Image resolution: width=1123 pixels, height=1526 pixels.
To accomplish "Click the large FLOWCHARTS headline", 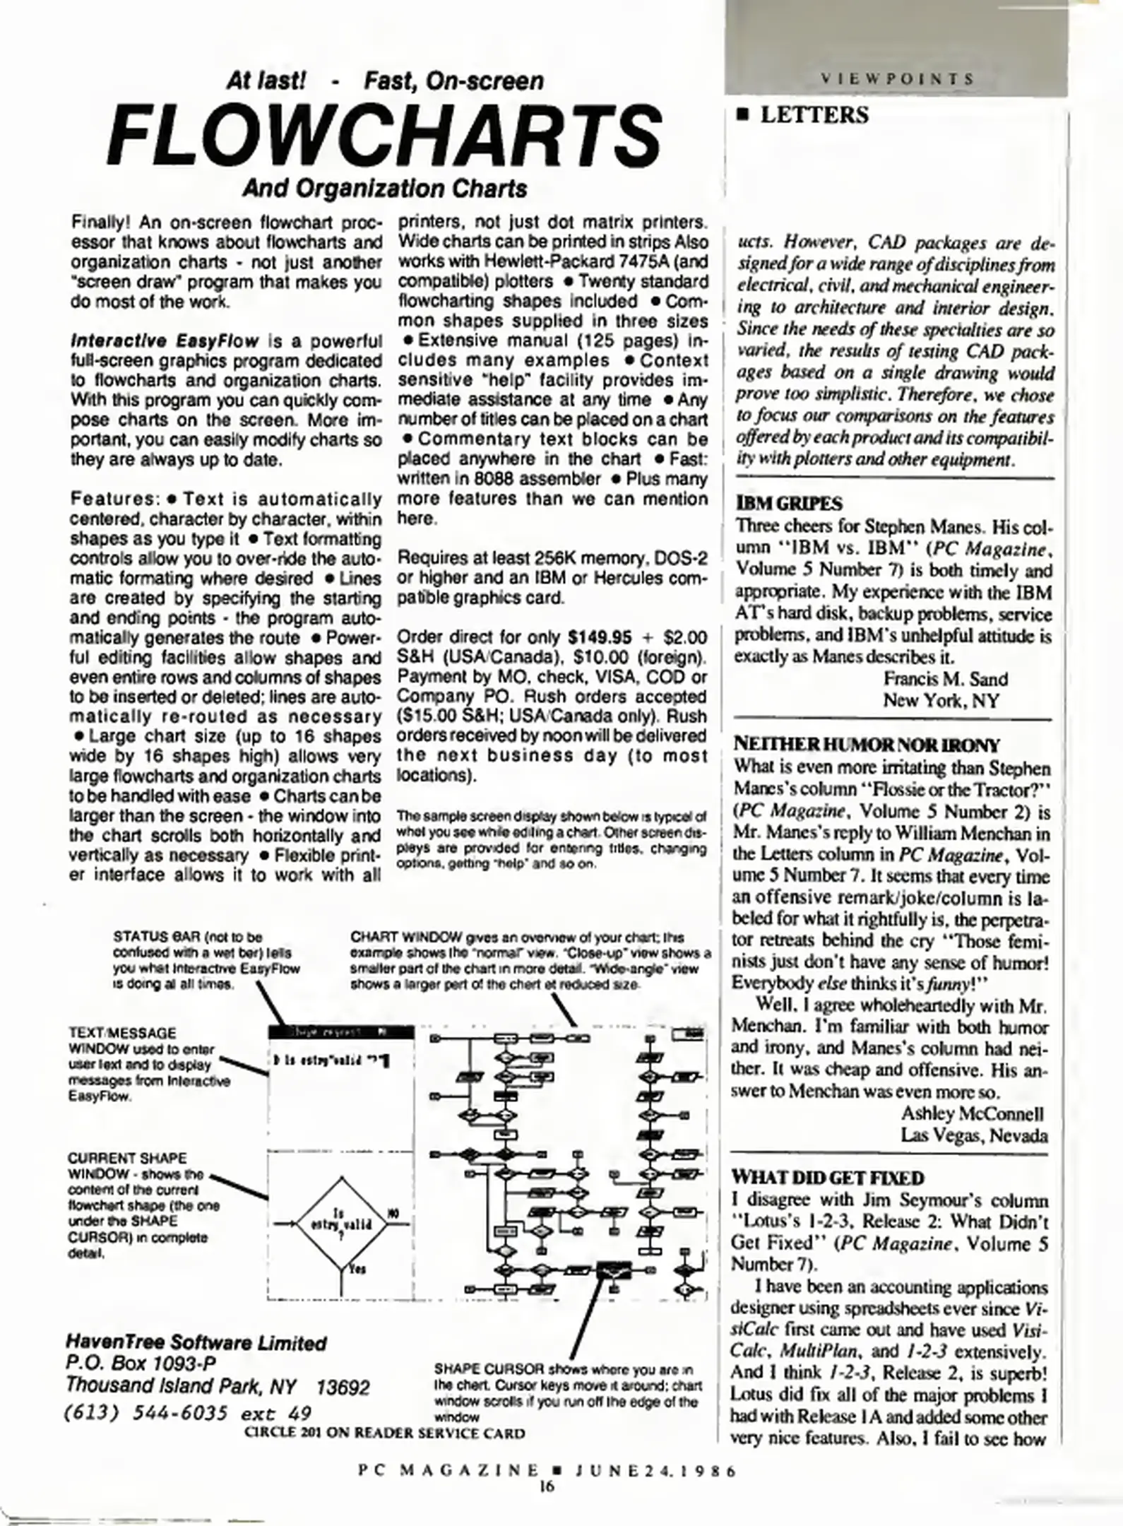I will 384,136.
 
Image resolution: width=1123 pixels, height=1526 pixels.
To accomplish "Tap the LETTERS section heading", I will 813,115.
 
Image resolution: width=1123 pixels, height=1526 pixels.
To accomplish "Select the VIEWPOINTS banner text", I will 896,78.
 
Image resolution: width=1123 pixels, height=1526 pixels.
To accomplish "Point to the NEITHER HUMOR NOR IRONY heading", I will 867,745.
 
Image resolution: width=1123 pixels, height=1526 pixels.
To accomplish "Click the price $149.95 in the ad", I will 599,637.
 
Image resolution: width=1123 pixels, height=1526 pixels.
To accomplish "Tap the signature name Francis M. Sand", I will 945,679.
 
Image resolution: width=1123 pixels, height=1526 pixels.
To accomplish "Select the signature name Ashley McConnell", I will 972,1113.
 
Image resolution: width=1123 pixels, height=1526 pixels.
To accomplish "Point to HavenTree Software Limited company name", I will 196,1343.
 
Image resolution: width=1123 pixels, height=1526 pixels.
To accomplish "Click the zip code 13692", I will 343,1388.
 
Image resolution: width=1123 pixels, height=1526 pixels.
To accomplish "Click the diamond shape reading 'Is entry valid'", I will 343,1222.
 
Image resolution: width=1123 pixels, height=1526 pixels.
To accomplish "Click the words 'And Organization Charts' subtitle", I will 384,189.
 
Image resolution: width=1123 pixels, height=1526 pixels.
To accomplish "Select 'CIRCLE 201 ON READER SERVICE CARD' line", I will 384,1433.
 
